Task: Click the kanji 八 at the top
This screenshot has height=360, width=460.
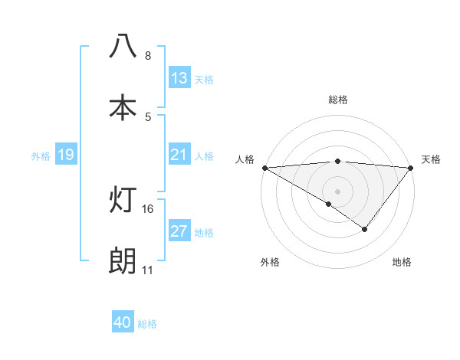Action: [123, 46]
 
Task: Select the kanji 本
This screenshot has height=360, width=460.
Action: [123, 108]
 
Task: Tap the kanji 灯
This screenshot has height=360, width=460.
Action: [123, 200]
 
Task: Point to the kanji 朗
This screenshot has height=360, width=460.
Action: [123, 261]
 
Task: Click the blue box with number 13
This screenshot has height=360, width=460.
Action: [179, 78]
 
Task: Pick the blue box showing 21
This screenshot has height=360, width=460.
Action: [179, 155]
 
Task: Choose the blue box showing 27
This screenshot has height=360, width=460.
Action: [179, 232]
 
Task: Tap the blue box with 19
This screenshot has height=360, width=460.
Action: [66, 155]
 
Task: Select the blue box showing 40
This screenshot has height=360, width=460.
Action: [123, 322]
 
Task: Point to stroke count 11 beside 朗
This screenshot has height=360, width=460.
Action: [147, 270]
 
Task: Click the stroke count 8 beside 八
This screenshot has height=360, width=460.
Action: [147, 56]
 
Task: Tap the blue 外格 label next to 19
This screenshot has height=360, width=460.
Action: [41, 155]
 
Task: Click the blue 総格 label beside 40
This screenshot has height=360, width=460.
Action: [147, 323]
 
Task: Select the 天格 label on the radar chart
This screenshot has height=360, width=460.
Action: [431, 159]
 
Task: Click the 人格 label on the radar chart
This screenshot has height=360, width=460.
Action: [245, 159]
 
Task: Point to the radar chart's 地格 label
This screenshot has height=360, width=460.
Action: [402, 262]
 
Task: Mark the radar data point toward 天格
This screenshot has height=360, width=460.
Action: [411, 167]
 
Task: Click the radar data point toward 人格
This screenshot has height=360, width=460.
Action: [264, 167]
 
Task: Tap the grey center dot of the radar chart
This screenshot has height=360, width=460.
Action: [337, 191]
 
